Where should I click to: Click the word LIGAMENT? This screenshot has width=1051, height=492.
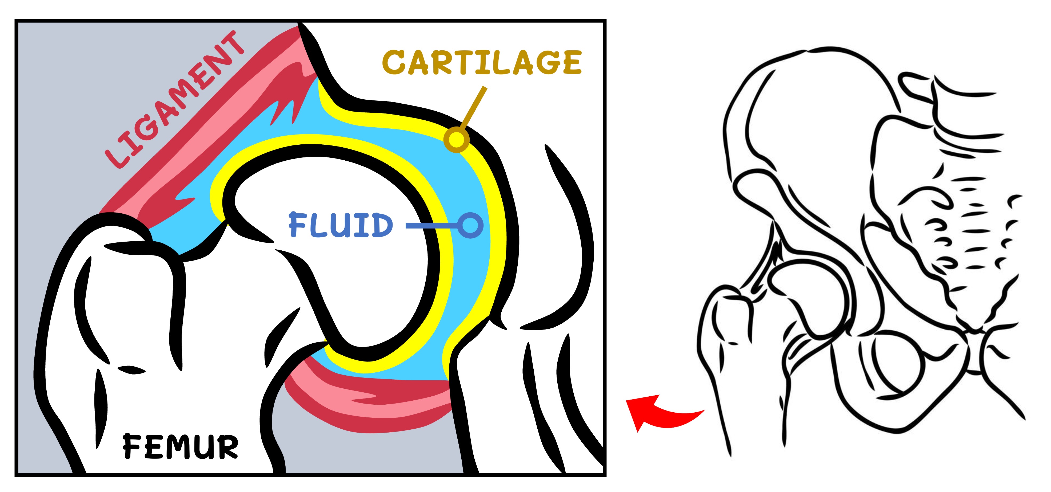click(175, 100)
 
